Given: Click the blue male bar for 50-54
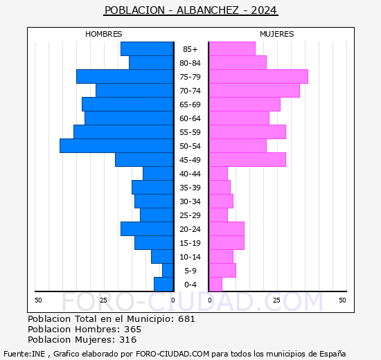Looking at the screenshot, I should point(116,146).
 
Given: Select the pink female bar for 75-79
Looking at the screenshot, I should point(258,77).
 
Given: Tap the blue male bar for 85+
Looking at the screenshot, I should point(147,49).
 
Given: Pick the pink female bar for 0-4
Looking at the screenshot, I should point(215,285).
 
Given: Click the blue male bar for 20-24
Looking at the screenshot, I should point(147,229).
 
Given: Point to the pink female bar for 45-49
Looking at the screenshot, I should point(247,160).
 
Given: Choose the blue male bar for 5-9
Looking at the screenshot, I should point(168,271).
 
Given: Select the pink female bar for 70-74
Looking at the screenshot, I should point(254,91).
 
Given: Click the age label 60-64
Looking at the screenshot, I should point(190,118).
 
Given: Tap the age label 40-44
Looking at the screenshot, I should point(190,174).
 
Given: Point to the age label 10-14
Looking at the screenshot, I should point(190,257).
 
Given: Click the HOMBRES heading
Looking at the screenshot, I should point(104,34).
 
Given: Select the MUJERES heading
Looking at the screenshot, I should point(276,34).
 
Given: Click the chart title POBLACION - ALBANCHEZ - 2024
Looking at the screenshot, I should point(190,10).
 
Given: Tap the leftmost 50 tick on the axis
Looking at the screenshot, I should point(38,300).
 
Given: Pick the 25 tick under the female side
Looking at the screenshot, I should point(276,300).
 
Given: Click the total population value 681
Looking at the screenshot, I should point(186,319).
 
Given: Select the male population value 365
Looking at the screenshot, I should point(132,330).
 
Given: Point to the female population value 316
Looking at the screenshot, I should point(127,340).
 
